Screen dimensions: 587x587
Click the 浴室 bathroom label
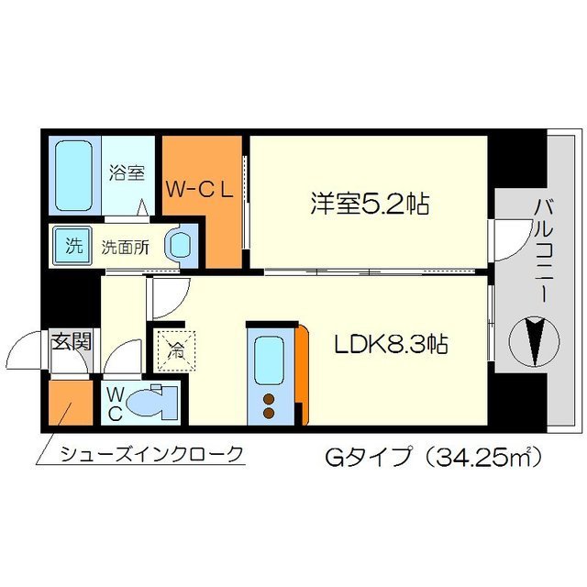point(126,172)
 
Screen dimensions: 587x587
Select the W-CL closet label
point(202,190)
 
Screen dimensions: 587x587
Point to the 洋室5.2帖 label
point(370,203)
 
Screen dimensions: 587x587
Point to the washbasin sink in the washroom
point(179,246)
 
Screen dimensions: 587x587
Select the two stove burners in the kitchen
point(269,404)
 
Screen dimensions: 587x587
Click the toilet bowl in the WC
point(151,402)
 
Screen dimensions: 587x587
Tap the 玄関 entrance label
point(70,343)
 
